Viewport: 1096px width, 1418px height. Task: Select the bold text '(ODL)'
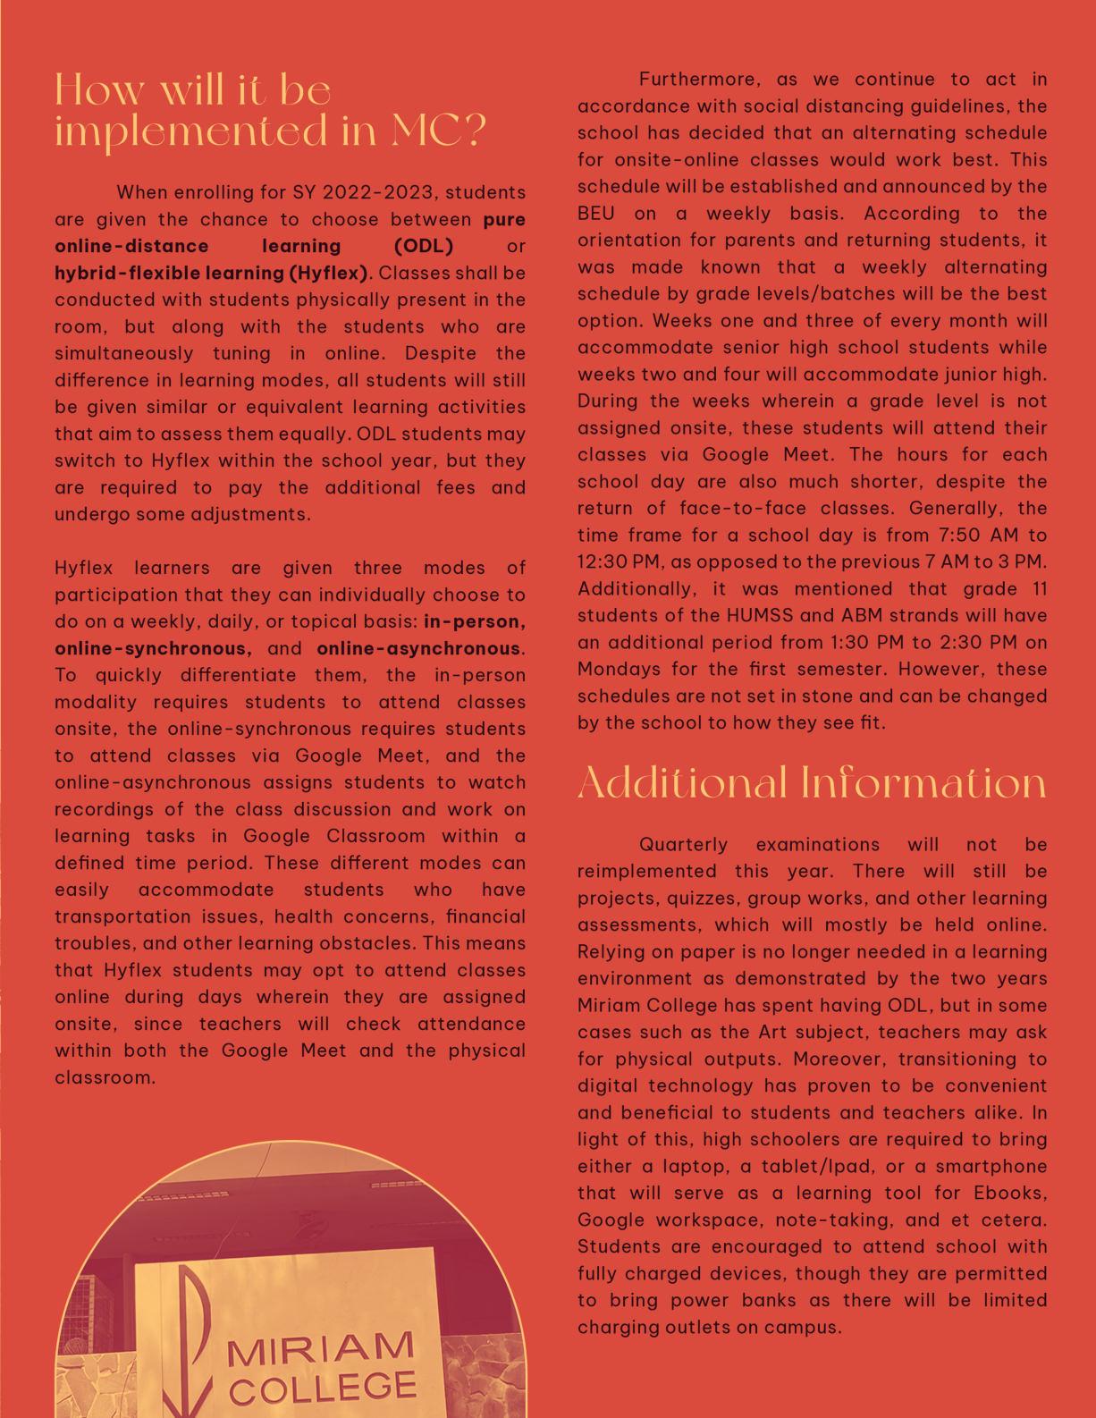424,246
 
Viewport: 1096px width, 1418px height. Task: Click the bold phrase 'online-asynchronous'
418,648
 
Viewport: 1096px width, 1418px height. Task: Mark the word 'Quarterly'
684,845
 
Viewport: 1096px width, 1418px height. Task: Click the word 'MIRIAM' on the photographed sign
320,1353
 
